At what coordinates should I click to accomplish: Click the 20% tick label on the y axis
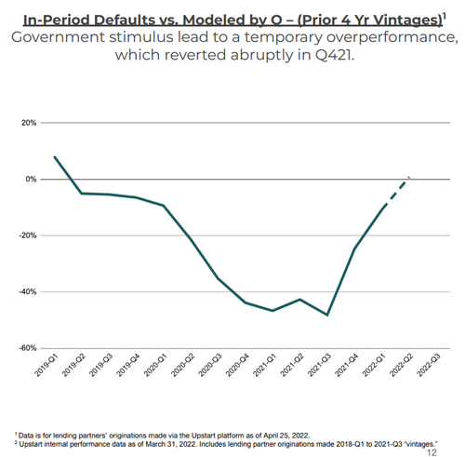coord(29,123)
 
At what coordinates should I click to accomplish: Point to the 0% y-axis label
coord(31,180)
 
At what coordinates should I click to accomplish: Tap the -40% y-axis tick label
coord(28,292)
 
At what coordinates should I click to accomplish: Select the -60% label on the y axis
coord(28,348)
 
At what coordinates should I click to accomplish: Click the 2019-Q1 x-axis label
coord(46,366)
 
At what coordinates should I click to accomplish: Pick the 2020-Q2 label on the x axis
coord(183,366)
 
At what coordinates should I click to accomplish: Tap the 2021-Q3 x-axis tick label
coord(319,366)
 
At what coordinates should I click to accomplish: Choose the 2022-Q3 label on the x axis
coord(429,366)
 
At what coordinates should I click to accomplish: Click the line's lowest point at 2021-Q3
coord(327,315)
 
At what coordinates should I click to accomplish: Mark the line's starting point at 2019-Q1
coord(55,156)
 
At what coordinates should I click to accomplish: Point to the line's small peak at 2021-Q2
coord(300,300)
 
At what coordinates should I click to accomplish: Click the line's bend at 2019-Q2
coord(82,194)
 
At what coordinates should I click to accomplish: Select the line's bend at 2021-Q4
coord(354,249)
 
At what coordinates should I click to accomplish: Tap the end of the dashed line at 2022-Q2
coord(409,178)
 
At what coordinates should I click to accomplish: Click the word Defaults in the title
coord(120,20)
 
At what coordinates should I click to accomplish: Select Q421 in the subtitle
coord(335,55)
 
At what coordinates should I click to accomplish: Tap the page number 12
coord(432,452)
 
